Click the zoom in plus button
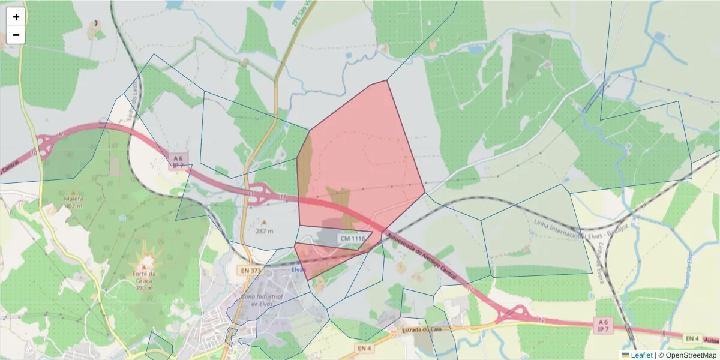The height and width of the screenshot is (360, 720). [16, 17]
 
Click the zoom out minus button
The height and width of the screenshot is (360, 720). [16, 35]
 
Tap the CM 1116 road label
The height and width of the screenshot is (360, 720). [352, 238]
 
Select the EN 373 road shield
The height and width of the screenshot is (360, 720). [251, 271]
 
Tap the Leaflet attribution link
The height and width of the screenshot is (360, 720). [641, 355]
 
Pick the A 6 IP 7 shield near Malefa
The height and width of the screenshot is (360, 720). [178, 160]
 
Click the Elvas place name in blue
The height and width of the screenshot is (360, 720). [298, 269]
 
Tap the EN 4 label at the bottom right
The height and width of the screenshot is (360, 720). [692, 339]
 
